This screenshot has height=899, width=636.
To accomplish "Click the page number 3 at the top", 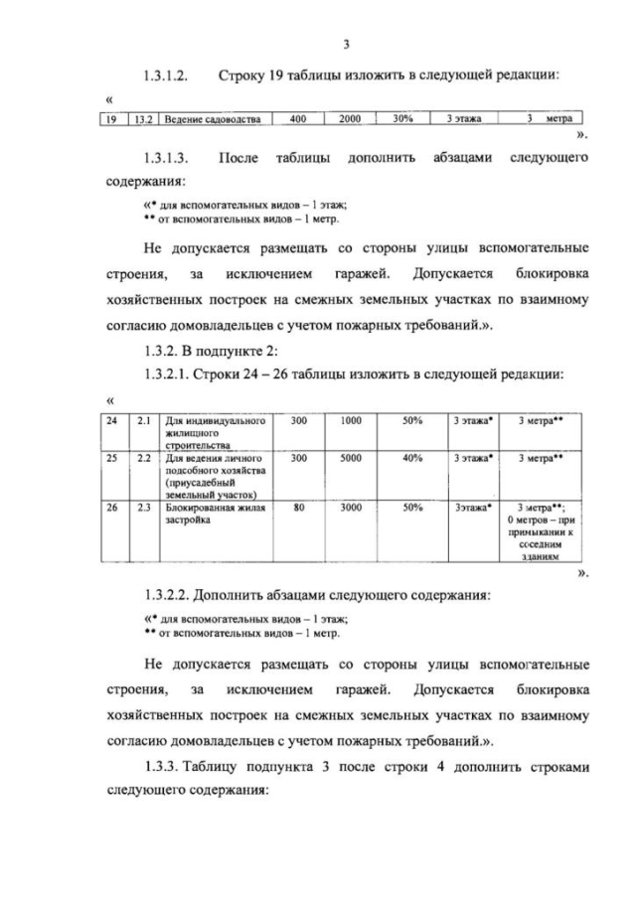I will click(x=345, y=44).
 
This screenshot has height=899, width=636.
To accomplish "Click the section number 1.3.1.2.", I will click(x=166, y=75).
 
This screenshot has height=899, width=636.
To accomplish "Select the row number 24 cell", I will click(x=112, y=421).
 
